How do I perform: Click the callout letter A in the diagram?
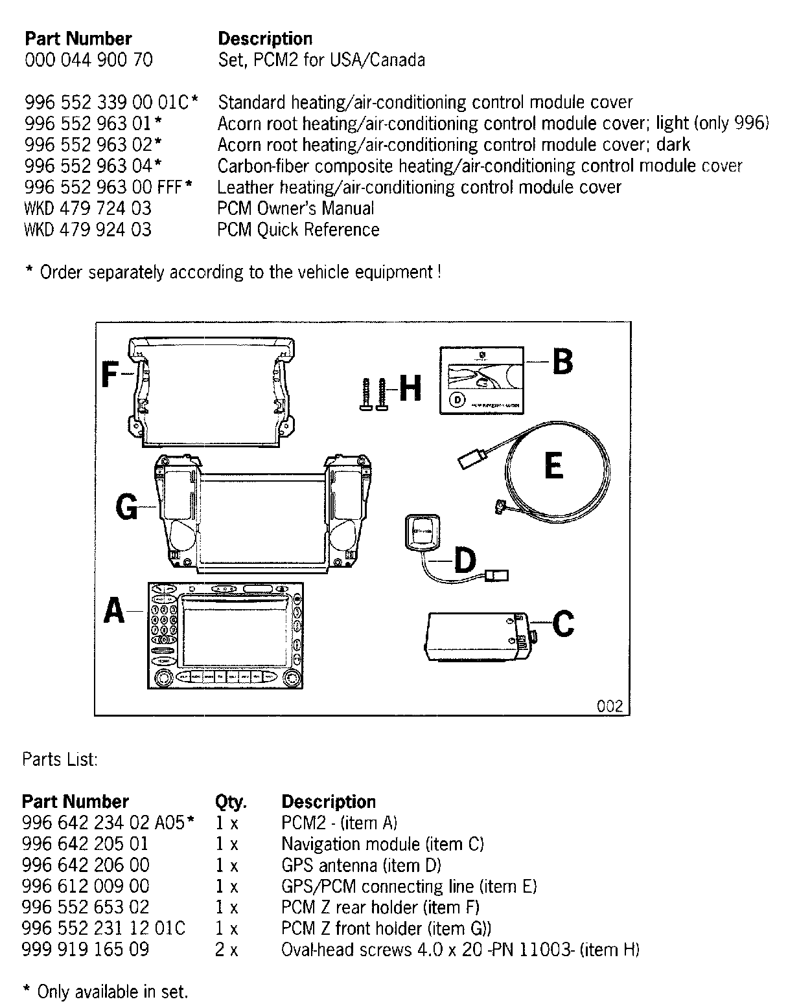115,610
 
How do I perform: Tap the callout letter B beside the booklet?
562,361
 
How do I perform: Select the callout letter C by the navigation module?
562,624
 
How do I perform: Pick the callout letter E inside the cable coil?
553,465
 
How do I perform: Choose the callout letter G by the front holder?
126,507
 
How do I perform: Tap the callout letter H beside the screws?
410,390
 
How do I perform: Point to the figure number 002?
609,706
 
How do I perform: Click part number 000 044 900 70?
89,60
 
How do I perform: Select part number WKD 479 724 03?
87,208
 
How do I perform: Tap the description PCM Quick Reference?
298,230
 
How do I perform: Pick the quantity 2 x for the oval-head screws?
226,950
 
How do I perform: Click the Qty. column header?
230,802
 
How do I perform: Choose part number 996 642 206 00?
86,865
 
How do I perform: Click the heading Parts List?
60,759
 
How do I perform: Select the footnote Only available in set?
112,991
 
